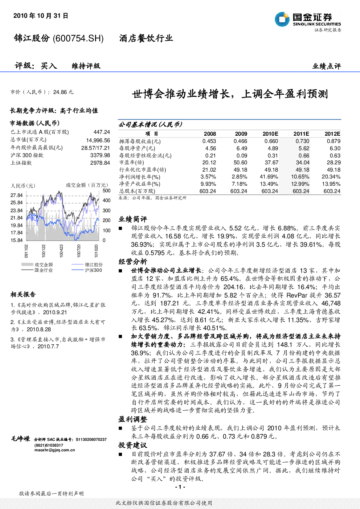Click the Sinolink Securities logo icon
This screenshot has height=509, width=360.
click(282, 19)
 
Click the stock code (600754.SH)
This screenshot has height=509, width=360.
click(78, 38)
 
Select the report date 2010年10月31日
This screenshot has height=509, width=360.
click(41, 16)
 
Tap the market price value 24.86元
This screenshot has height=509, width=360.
click(63, 92)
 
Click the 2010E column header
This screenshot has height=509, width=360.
click(270, 134)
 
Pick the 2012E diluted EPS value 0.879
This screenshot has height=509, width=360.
click(334, 141)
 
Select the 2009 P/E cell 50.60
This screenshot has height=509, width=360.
click(240, 163)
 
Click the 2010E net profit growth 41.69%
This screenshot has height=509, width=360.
click(269, 177)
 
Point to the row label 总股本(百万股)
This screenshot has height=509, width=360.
click(137, 191)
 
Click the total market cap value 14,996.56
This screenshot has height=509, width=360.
click(98, 140)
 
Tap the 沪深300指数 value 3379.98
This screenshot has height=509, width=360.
click(100, 155)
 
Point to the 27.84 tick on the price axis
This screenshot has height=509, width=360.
click(17, 195)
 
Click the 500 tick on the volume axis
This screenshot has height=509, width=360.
click(106, 190)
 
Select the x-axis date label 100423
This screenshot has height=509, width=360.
click(61, 251)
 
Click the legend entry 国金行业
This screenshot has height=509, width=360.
click(44, 270)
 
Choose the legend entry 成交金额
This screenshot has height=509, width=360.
click(44, 264)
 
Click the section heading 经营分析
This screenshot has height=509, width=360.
click(133, 262)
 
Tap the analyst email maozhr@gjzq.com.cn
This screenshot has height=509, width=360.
click(54, 450)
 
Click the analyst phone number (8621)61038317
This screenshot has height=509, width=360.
click(49, 445)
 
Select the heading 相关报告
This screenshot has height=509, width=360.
click(23, 295)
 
